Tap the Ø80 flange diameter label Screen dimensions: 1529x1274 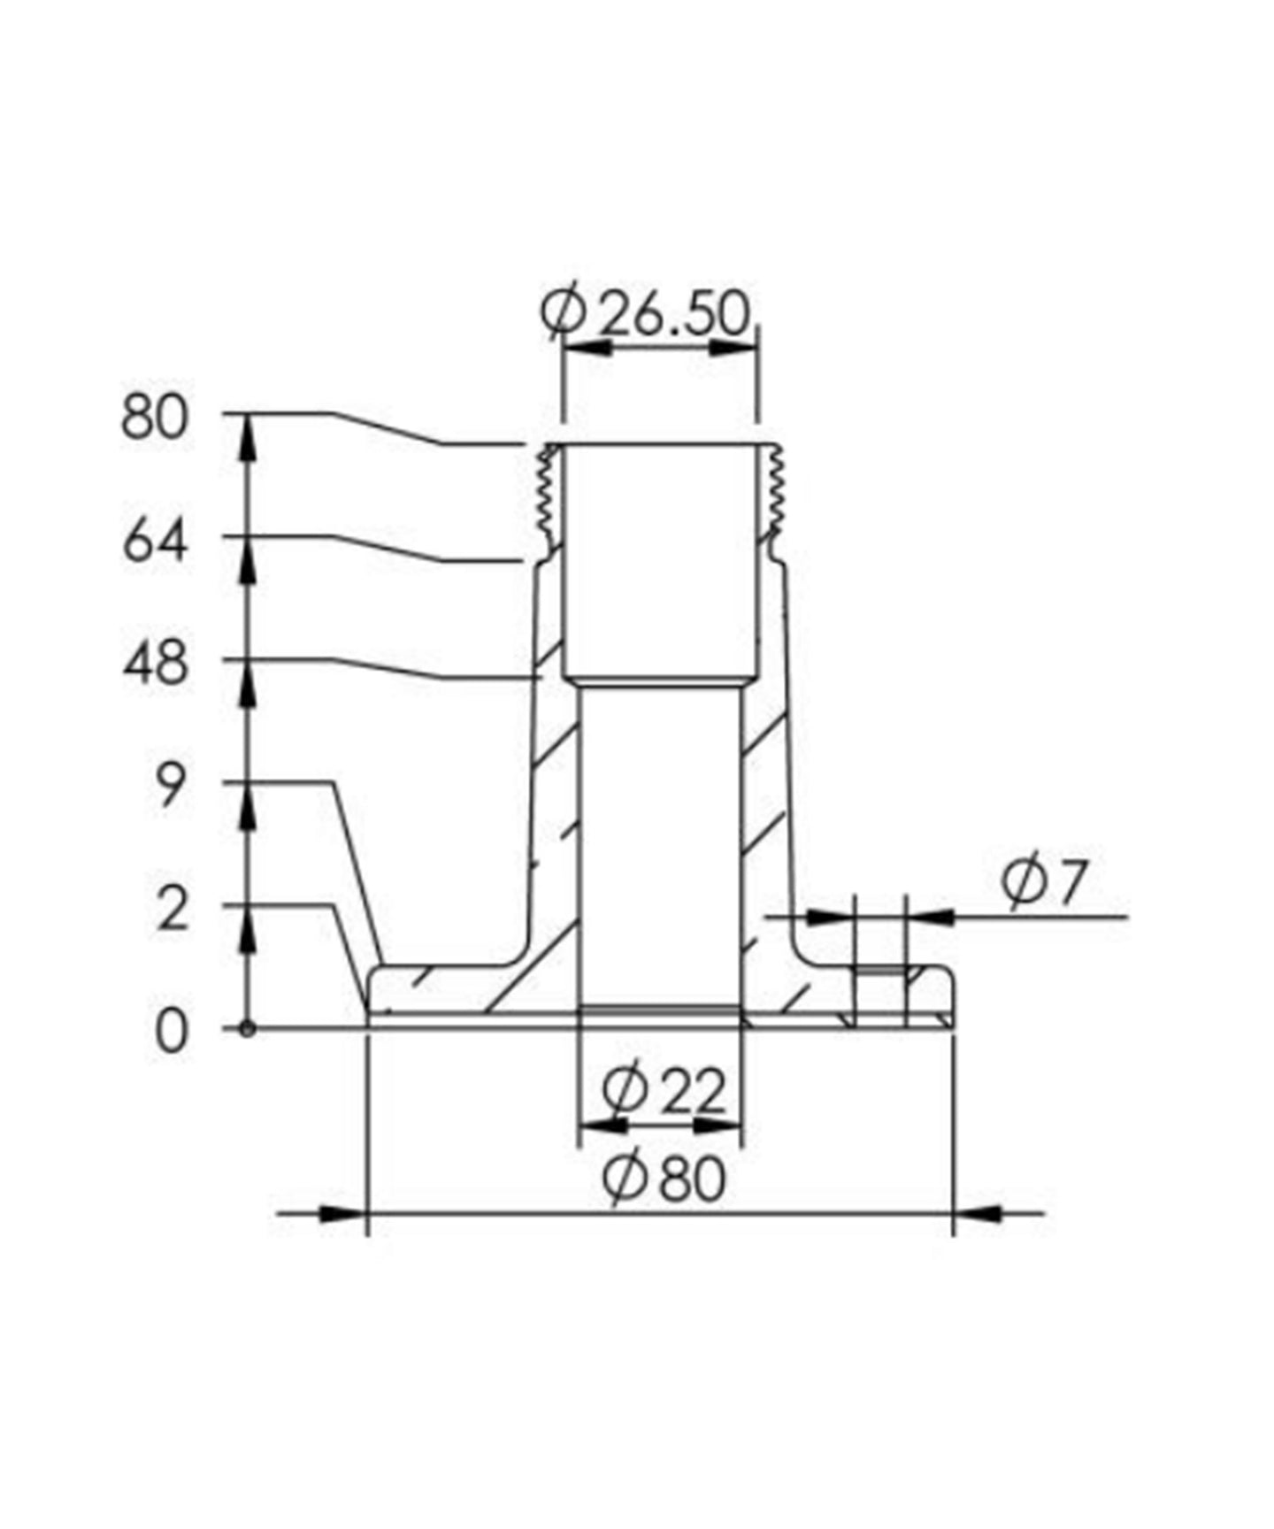pos(664,1179)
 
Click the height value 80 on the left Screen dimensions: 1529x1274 pos(155,418)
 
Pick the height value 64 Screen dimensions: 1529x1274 pos(155,542)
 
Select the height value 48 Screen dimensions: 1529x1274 pos(155,664)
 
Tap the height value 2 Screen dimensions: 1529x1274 pos(171,911)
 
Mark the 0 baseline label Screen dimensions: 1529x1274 pos(171,1033)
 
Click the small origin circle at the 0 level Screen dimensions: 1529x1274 pos(248,1029)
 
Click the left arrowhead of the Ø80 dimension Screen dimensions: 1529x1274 pos(342,1213)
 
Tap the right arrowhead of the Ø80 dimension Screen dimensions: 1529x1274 pos(979,1213)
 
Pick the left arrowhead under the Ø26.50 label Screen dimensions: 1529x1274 pos(587,348)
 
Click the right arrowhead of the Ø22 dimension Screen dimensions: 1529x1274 pos(717,1126)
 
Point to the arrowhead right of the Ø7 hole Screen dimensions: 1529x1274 pos(932,917)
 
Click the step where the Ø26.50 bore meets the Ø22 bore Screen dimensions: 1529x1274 pos(660,683)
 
